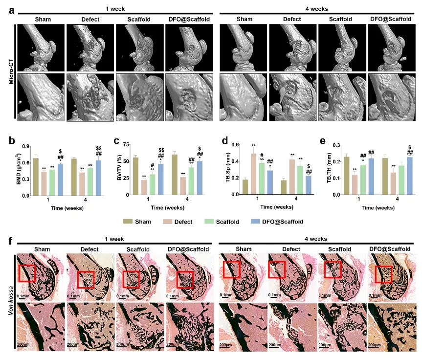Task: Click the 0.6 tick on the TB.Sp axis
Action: (225, 146)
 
